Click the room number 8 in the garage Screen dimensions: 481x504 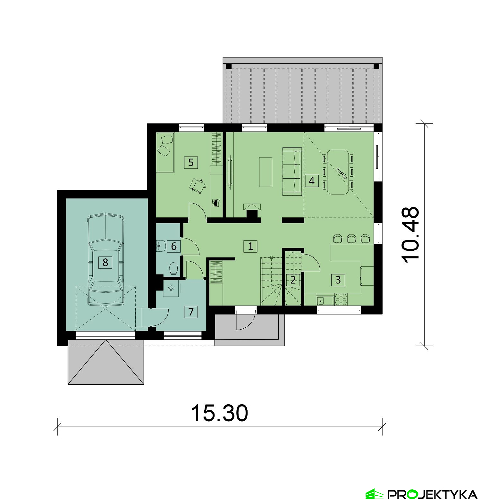tap(105, 263)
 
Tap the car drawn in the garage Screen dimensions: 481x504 tap(105, 259)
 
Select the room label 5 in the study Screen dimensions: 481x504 tap(191, 163)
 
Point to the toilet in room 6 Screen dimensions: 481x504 tap(174, 269)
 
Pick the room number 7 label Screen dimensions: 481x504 tap(191, 312)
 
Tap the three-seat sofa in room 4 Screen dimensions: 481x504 tap(292, 172)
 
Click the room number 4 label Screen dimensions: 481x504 tap(312, 181)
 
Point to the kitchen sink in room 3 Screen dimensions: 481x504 tap(325, 300)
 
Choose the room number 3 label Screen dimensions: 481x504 tap(338, 280)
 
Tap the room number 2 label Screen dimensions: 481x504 tap(293, 280)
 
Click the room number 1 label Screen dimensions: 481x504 tap(250, 246)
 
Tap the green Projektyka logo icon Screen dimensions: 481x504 tap(375, 494)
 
